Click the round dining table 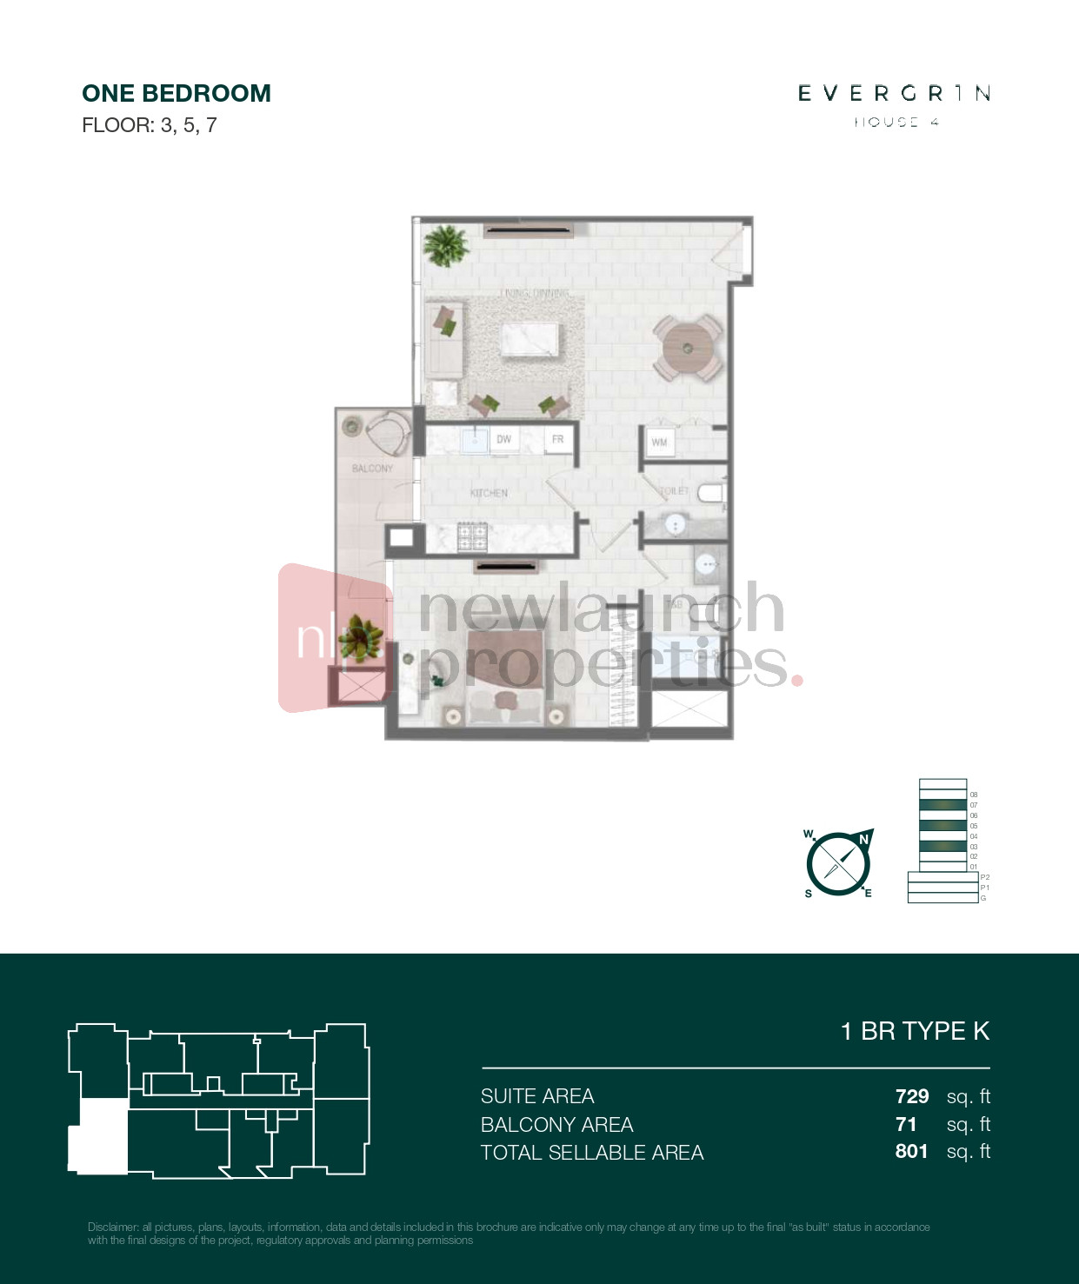688,349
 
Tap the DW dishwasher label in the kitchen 503,439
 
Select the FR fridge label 557,439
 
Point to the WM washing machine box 659,442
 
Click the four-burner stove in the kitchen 472,536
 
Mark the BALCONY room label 372,469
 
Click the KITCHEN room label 489,493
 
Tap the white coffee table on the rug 530,339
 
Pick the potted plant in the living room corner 446,245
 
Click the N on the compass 863,839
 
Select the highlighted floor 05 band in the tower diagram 942,825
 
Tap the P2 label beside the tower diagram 985,877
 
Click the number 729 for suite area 912,1096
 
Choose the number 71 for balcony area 906,1124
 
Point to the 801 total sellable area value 911,1151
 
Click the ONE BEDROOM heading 177,93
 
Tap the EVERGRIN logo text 894,93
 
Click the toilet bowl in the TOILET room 711,494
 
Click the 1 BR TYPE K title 915,1031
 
